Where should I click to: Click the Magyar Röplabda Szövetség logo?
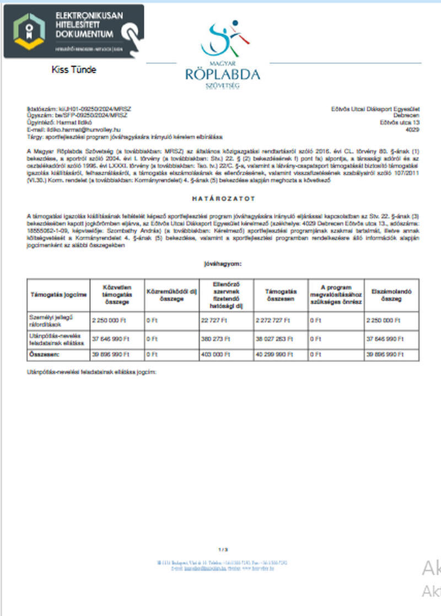coord(223,55)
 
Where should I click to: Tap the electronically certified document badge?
coord(73,31)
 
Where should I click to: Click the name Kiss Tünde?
coord(73,70)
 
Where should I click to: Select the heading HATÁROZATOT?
coord(223,198)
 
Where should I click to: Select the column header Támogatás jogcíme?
coord(58,295)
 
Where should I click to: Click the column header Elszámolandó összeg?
coord(391,295)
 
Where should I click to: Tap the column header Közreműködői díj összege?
coord(171,295)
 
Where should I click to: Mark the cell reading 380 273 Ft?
coord(214,339)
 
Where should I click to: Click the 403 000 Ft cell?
coord(214,355)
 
